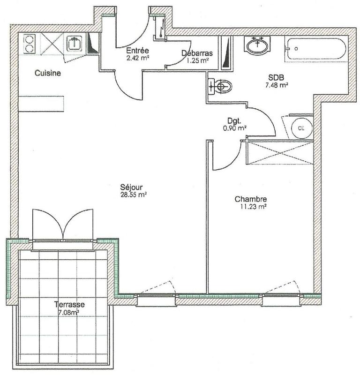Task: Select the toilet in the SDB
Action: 221,87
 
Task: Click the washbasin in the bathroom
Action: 256,46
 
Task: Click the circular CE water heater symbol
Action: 299,127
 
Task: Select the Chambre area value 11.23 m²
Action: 251,206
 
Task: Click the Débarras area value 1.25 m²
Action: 197,60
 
